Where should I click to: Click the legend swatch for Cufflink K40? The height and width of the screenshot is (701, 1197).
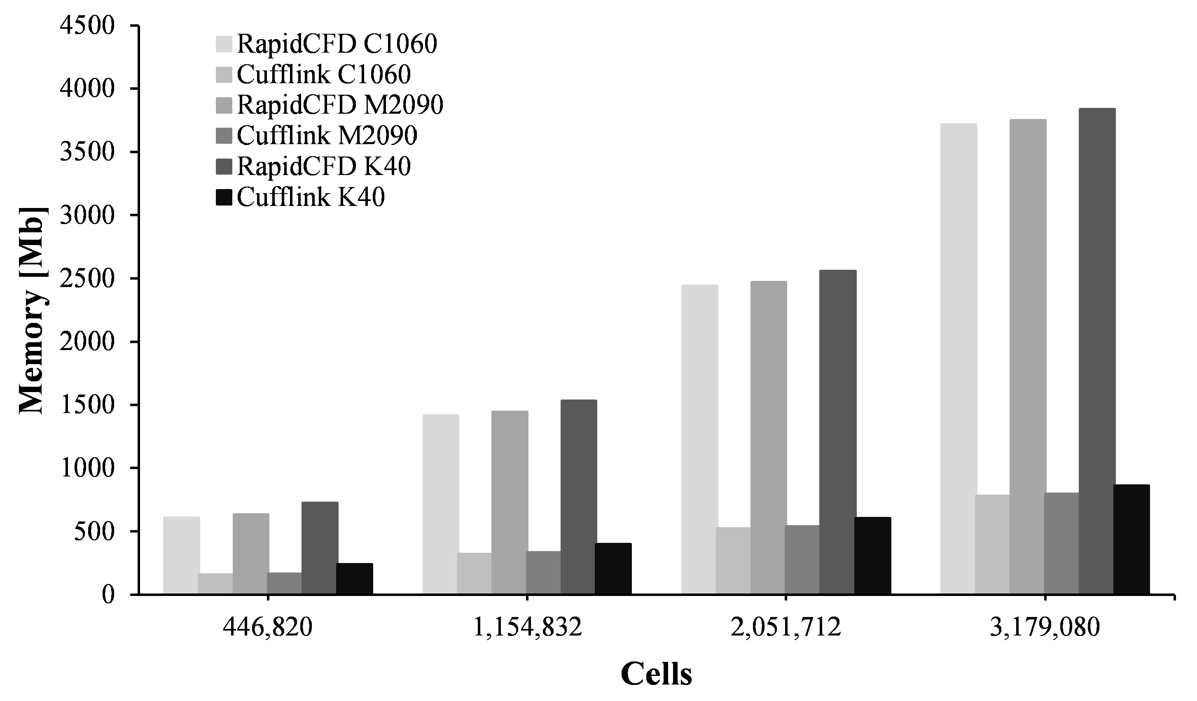coord(224,198)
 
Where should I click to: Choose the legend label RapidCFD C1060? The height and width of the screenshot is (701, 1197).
coord(337,44)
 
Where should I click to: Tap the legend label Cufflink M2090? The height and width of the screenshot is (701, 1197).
coord(327,136)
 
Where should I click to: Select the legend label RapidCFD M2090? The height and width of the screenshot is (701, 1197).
coord(340,105)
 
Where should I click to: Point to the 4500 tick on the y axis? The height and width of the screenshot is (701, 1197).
coord(134,25)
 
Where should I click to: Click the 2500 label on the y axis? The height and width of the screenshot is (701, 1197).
coord(87,279)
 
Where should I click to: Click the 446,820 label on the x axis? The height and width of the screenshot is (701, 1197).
coord(268,628)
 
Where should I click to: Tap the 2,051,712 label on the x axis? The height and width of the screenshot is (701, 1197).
coord(786,628)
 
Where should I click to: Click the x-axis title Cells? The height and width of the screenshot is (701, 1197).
coord(656,674)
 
